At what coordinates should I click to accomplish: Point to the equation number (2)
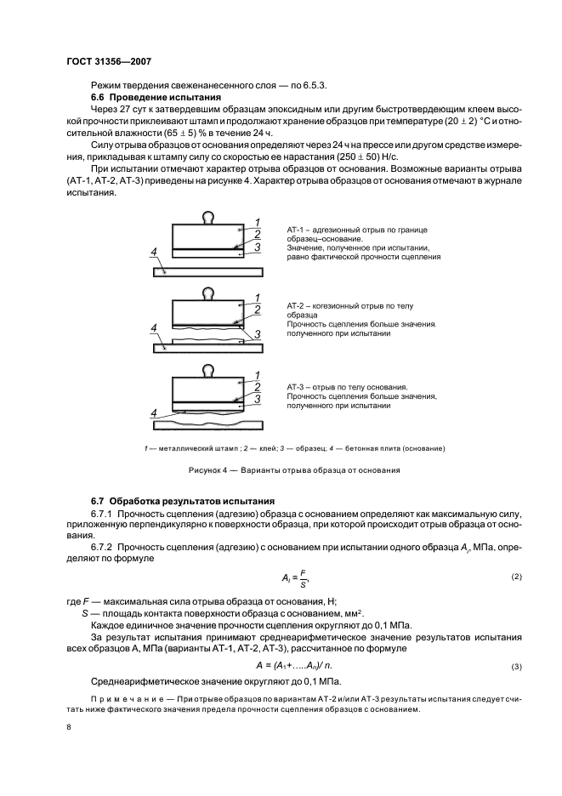point(515,577)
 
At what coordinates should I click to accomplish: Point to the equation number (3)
point(515,666)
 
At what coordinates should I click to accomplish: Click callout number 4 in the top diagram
point(153,253)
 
